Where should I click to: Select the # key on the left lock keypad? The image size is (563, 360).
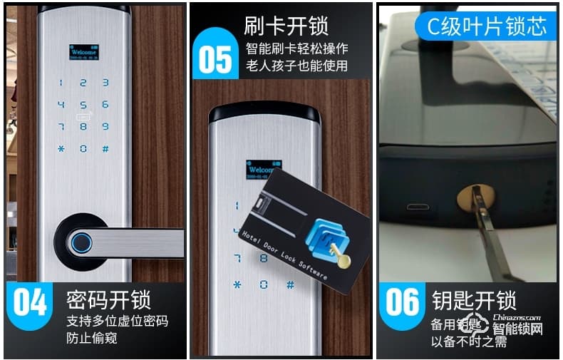click(x=105, y=149)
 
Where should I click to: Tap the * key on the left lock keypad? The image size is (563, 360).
click(x=61, y=149)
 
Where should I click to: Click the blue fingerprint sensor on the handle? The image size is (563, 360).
click(x=83, y=243)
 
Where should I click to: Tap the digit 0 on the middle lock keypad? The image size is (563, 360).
click(x=263, y=284)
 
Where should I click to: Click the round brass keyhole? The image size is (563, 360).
click(x=470, y=197)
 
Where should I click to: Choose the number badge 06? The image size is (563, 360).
click(x=402, y=302)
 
